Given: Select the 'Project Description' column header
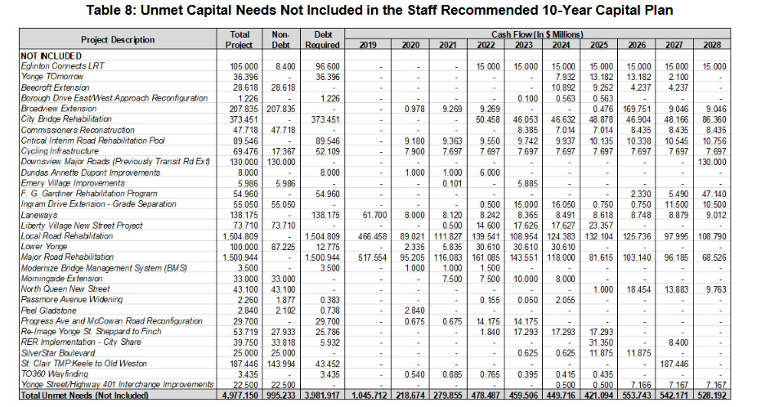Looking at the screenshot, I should click(118, 40).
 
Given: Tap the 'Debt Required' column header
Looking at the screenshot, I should click(321, 40).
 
